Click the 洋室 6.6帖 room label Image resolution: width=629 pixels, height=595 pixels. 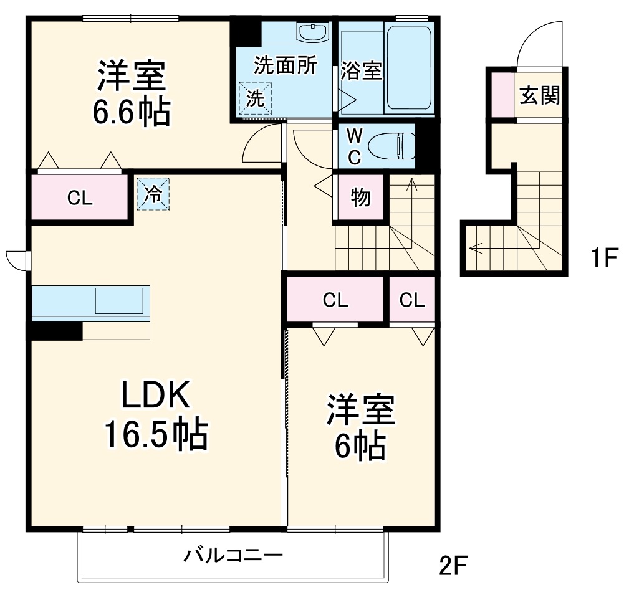[132, 93]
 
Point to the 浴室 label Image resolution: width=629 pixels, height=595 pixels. [361, 71]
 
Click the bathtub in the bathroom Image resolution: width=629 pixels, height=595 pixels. [409, 69]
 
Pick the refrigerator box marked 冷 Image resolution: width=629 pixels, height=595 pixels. [153, 194]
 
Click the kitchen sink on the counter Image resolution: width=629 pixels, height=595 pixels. [122, 301]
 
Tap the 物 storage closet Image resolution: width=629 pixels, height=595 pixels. [360, 198]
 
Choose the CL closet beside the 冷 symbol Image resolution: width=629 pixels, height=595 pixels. [80, 198]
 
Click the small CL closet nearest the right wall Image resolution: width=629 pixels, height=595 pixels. [411, 300]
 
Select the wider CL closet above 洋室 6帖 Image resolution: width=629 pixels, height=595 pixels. [335, 300]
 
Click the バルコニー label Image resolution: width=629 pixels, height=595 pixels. [234, 554]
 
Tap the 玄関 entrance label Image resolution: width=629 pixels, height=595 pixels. [540, 95]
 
